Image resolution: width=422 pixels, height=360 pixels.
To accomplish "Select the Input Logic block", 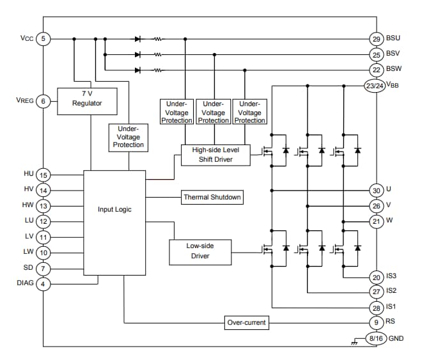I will (x=114, y=209).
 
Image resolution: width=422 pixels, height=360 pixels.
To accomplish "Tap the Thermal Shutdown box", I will (x=212, y=197).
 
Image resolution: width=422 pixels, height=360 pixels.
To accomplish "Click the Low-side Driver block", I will (x=199, y=252).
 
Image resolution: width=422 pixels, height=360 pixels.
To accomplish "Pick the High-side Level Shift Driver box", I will (x=215, y=154).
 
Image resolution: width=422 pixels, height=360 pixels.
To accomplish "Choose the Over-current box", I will (x=247, y=322).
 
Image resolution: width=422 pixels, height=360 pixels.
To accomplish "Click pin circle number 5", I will (x=43, y=39).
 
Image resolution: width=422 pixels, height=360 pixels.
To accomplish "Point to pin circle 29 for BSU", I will (x=376, y=39).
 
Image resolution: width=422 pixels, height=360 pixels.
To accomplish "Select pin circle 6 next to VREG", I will (x=43, y=101).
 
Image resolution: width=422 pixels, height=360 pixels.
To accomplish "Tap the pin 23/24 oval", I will (x=374, y=84).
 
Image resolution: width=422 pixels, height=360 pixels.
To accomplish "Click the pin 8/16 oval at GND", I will (x=376, y=338).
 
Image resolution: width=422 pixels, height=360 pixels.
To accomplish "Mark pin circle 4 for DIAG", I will (x=43, y=283).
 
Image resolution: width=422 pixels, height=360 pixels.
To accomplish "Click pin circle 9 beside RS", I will (x=376, y=322).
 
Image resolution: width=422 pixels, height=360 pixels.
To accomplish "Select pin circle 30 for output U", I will (x=376, y=190).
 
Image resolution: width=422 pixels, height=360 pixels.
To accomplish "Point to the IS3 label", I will (x=393, y=277).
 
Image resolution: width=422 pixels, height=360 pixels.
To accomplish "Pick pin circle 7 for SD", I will (x=43, y=268).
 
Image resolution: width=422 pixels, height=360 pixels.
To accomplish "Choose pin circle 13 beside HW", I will (x=43, y=206).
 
